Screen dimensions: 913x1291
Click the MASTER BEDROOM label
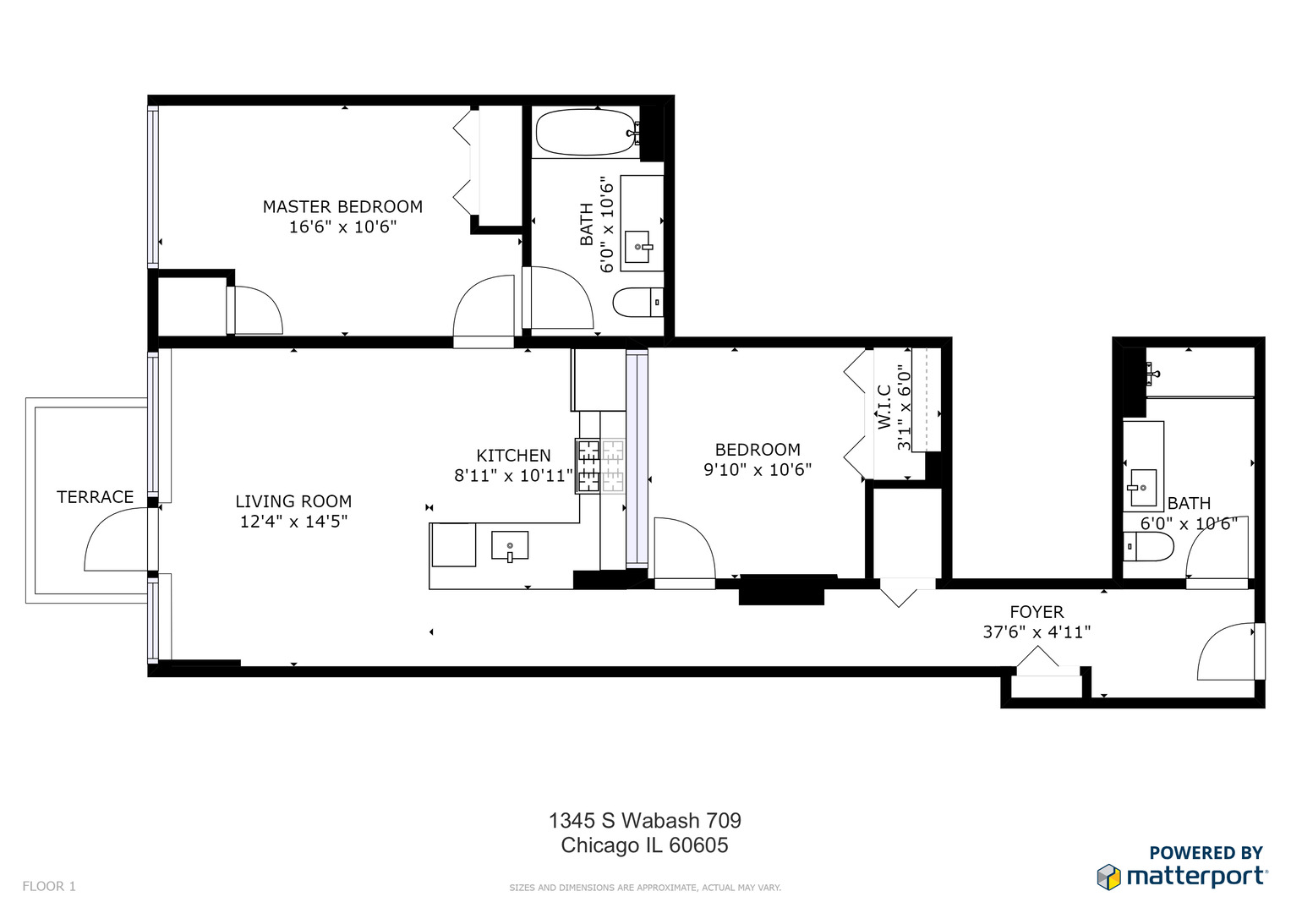point(342,207)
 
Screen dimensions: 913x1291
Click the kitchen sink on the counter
point(510,546)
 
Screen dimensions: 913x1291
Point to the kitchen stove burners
point(599,466)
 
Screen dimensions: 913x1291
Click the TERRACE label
point(95,497)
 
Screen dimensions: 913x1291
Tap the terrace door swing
point(115,542)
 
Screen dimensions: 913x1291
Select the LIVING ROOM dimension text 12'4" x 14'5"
point(293,522)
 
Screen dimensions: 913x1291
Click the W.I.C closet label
point(884,407)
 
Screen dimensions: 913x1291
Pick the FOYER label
point(1037,612)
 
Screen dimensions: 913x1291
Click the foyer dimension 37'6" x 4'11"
point(1037,632)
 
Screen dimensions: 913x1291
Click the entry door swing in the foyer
point(1227,652)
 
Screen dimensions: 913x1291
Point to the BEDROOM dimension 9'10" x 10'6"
point(758,470)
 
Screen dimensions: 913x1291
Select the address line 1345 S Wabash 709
point(644,821)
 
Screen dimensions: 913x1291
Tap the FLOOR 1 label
point(49,886)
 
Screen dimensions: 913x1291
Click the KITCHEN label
point(513,456)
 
